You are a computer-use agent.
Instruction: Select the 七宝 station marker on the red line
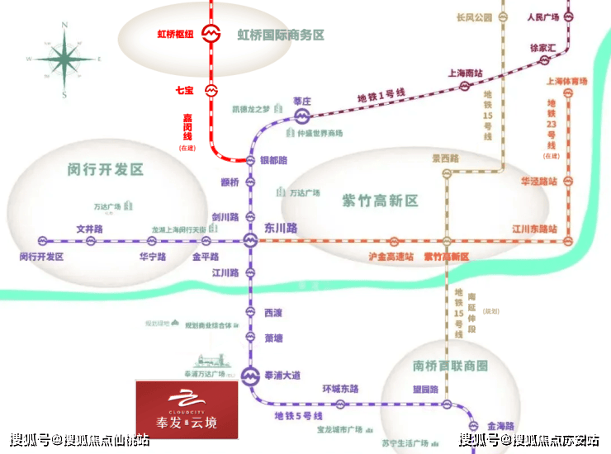211,89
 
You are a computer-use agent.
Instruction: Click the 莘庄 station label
301,101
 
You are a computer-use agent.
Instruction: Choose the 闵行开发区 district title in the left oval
106,170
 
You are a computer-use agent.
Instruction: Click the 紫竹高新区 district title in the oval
381,201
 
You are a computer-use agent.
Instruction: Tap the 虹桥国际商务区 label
281,35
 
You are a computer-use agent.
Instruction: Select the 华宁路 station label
153,257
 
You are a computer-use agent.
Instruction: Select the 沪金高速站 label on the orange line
391,257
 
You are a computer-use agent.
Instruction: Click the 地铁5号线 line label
301,414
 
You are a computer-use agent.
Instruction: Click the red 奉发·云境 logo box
187,409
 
